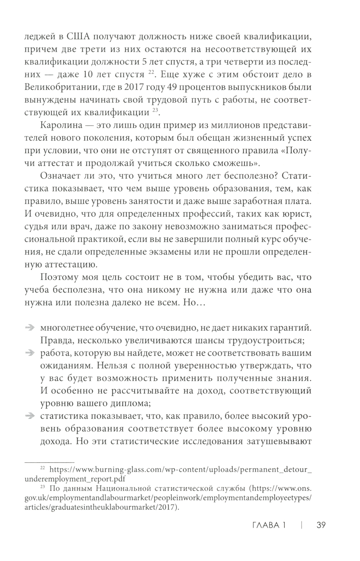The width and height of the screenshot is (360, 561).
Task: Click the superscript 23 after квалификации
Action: coord(155,112)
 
